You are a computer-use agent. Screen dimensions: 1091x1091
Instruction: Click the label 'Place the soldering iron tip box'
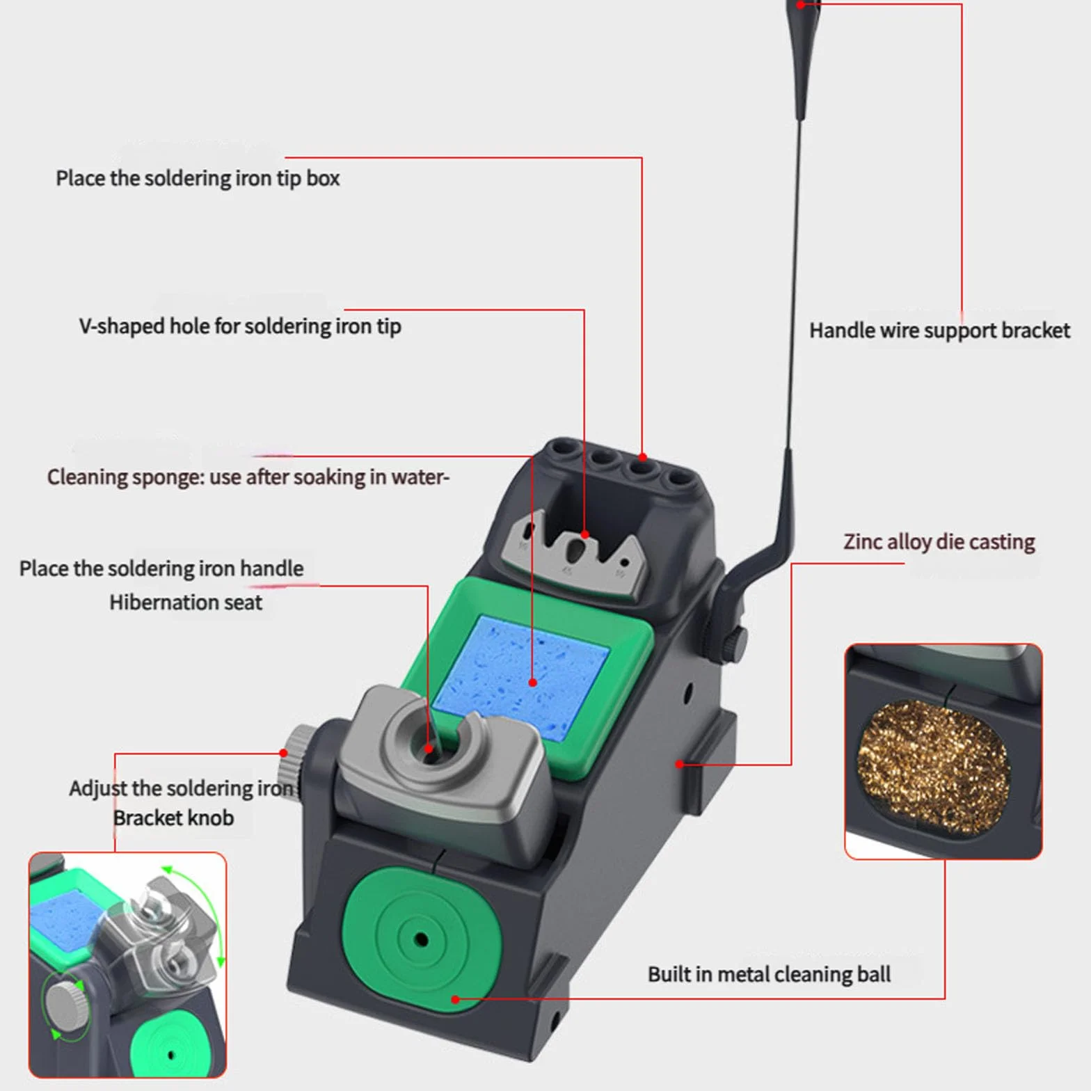pos(198,178)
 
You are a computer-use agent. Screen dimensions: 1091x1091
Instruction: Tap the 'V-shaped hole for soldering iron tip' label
pos(240,326)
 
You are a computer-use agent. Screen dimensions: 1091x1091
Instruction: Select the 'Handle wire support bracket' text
pos(939,331)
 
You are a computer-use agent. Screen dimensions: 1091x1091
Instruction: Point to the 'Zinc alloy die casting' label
pos(939,541)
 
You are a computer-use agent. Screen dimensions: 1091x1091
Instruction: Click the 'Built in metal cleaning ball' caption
pos(769,974)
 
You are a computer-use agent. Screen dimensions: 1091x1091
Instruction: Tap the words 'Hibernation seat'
pos(186,602)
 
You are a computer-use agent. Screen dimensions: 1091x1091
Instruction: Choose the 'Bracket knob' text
pos(173,818)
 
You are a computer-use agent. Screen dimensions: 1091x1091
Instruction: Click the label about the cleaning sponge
pos(248,477)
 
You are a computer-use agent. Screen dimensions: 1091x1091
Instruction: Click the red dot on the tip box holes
pos(643,457)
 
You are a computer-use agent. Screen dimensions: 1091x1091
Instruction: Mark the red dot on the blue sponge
pos(533,683)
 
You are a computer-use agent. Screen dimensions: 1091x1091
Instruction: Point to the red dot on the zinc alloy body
pos(680,764)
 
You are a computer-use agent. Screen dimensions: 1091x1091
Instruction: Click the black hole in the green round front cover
pos(421,940)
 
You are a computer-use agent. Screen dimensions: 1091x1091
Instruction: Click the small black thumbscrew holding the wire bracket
pos(734,644)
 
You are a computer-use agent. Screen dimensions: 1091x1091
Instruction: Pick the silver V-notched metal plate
pos(574,553)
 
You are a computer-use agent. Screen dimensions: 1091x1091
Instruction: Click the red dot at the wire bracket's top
pos(801,4)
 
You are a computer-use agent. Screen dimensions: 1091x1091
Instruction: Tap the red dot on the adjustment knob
pos(284,753)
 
